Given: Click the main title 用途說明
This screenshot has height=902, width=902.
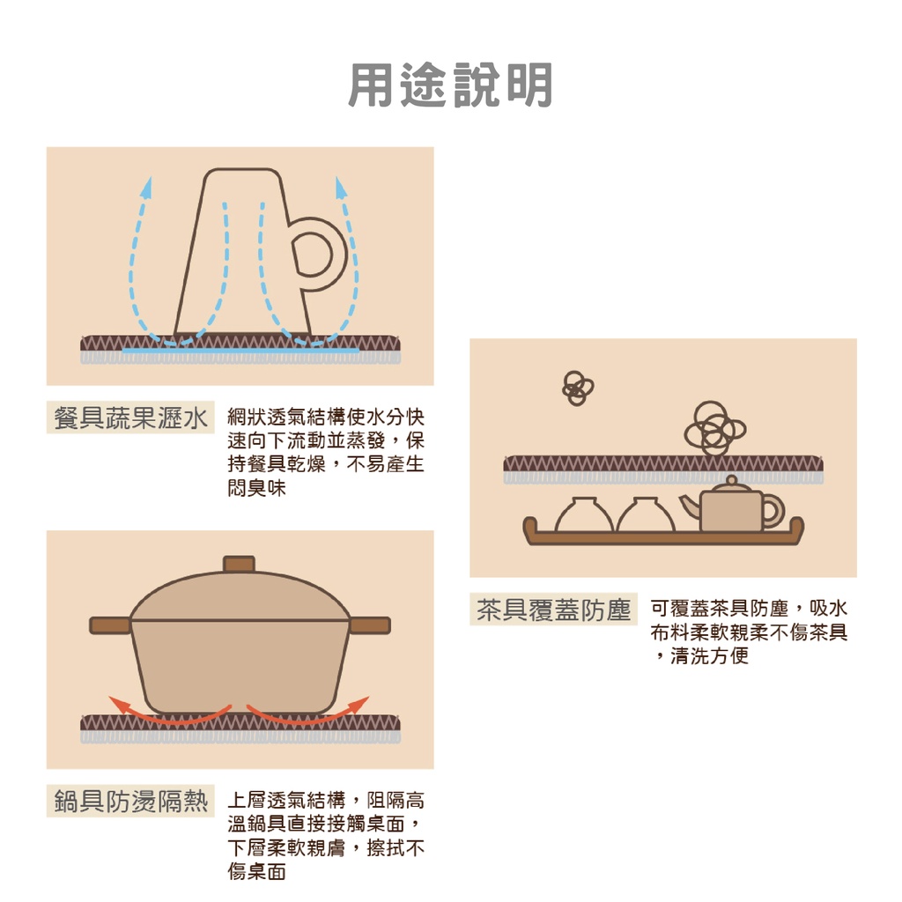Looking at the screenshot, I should point(450,85).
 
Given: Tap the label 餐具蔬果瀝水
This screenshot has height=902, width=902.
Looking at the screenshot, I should point(130,418).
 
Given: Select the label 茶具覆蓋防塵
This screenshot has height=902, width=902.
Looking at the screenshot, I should point(554,610).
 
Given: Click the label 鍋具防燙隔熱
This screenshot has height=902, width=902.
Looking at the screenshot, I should point(130,801).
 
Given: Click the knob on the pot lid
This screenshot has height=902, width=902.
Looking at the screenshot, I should point(239,564).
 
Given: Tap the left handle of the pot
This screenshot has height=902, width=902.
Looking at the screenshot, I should point(110,625).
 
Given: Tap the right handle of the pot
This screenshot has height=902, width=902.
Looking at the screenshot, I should point(370,625).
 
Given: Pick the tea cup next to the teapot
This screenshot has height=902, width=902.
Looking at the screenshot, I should point(646,516).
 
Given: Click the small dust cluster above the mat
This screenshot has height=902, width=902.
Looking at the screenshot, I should point(578,387).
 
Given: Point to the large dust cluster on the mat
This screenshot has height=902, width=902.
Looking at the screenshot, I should point(713,430).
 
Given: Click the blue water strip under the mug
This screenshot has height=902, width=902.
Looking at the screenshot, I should point(240,351).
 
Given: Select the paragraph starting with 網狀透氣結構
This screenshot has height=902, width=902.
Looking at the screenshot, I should point(326,451).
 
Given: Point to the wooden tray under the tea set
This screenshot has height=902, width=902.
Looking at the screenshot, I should point(662,536).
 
